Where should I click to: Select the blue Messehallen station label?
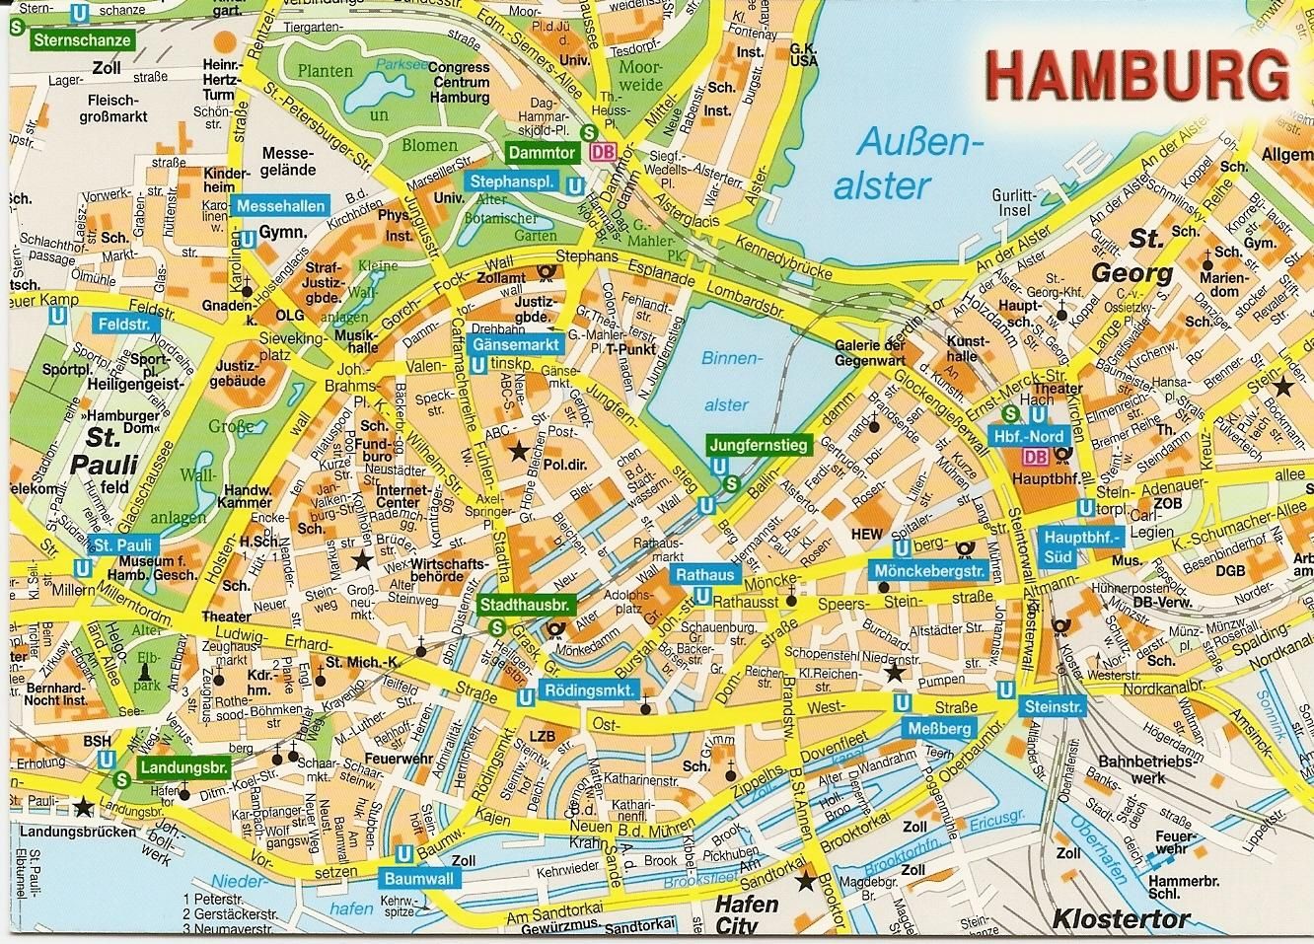270,206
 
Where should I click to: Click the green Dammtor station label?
540,153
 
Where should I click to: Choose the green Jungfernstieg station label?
758,446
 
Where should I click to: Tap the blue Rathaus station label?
703,575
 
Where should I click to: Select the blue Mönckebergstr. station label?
930,571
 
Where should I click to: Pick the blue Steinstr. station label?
1055,706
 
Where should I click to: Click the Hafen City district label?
746,914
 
